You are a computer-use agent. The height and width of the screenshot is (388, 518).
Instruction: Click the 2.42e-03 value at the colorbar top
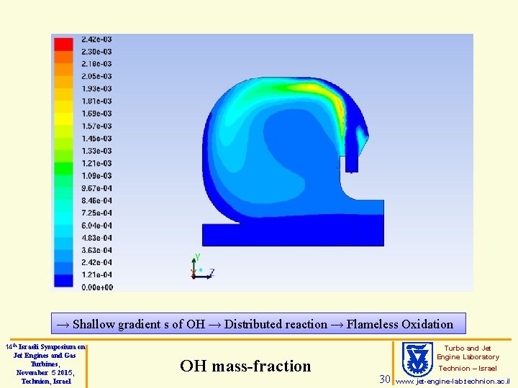[x=96, y=39]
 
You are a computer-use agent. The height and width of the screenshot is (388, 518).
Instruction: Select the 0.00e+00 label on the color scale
[x=96, y=287]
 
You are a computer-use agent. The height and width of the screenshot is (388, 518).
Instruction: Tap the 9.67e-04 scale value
[x=96, y=188]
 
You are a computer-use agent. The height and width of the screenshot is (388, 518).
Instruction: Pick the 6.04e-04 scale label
[x=96, y=226]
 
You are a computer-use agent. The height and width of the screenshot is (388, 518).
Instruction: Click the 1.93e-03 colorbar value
[x=96, y=88]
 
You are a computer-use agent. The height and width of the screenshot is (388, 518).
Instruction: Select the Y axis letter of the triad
[x=197, y=257]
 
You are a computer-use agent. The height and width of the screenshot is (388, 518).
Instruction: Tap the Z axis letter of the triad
[x=212, y=272]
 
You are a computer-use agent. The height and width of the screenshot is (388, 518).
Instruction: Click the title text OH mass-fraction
[x=245, y=366]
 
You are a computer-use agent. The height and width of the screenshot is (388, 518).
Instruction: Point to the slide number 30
[x=385, y=379]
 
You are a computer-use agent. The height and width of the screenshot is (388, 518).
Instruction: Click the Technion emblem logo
[x=417, y=359]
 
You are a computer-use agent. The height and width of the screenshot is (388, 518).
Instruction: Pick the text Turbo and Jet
[x=468, y=348]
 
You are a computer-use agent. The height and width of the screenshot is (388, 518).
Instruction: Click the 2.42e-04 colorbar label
[x=96, y=263]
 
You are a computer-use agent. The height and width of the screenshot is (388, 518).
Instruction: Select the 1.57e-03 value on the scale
[x=96, y=126]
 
